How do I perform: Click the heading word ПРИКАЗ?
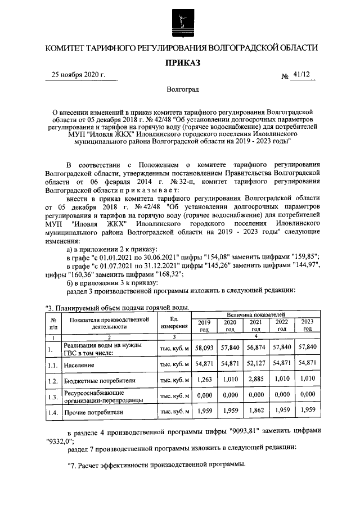click(x=179, y=63)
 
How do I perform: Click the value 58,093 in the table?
click(x=204, y=349)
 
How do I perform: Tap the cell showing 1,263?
click(x=204, y=380)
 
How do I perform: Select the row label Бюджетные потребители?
click(x=100, y=381)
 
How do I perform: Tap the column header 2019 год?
click(x=204, y=326)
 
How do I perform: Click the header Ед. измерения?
click(x=174, y=322)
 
